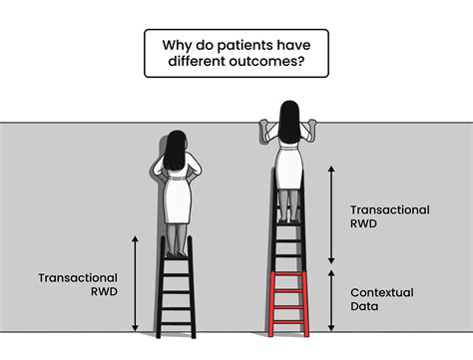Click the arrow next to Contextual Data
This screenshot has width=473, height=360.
tap(330, 299)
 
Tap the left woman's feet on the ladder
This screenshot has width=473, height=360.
tap(178, 248)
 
